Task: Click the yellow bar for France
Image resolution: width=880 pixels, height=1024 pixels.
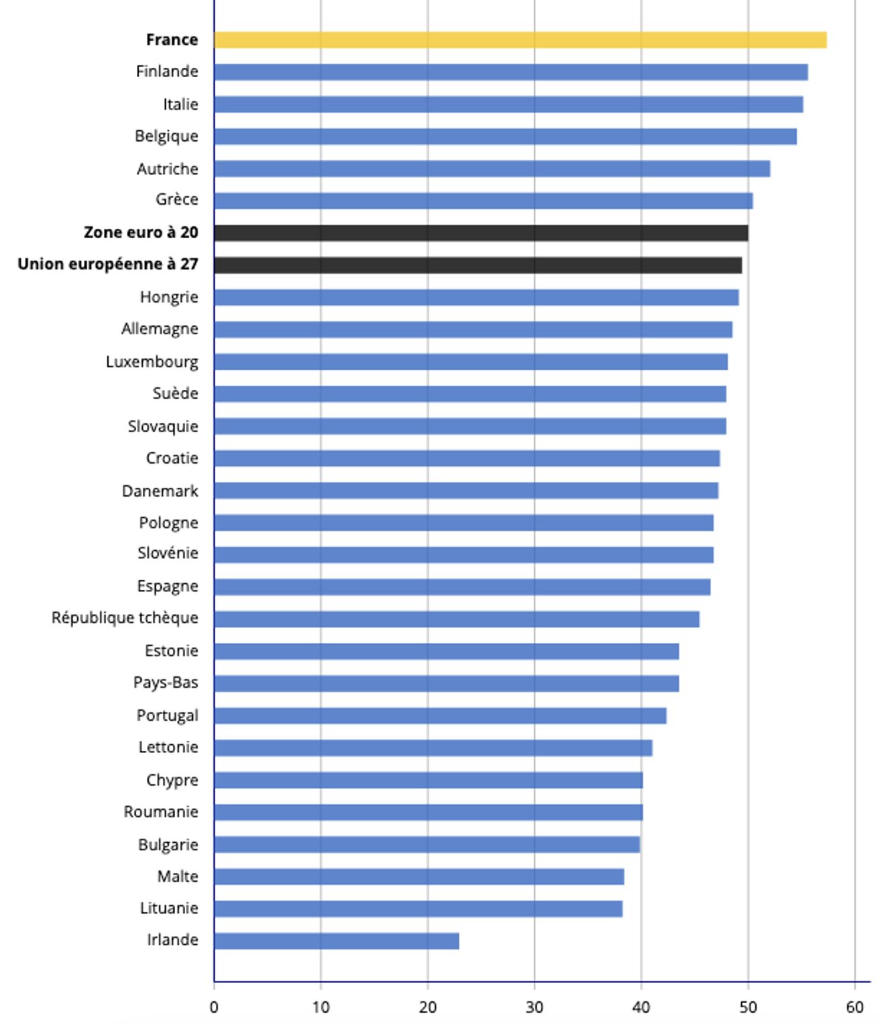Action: [520, 40]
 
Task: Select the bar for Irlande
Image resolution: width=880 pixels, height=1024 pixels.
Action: [336, 941]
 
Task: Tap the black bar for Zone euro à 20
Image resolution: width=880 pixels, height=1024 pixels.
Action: [481, 233]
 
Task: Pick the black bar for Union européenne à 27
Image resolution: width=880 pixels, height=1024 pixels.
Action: [478, 265]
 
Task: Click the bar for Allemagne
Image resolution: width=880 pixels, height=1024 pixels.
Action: [473, 329]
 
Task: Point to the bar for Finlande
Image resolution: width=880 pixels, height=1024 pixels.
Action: [510, 72]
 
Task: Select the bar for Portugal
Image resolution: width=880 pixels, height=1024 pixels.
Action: [440, 715]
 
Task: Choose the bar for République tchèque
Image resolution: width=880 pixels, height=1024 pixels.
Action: [456, 619]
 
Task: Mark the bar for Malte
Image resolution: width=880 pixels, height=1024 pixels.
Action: [419, 876]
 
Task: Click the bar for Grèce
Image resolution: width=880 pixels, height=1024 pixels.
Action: [483, 201]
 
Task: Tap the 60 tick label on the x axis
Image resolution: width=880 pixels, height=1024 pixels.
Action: [855, 1007]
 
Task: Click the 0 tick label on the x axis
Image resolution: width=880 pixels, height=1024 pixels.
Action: [214, 1007]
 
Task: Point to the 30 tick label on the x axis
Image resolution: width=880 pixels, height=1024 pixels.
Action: [535, 1007]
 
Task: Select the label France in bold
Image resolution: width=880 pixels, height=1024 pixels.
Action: [172, 40]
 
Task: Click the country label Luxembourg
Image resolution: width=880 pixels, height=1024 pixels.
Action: [152, 362]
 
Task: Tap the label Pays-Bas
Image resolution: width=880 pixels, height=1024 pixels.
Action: [166, 682]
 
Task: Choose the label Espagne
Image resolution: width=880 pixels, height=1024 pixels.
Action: [168, 586]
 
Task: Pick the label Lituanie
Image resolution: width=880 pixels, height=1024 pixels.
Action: [169, 908]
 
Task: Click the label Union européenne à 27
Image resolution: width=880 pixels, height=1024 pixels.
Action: [108, 264]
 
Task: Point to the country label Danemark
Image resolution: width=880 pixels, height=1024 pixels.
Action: [160, 491]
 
